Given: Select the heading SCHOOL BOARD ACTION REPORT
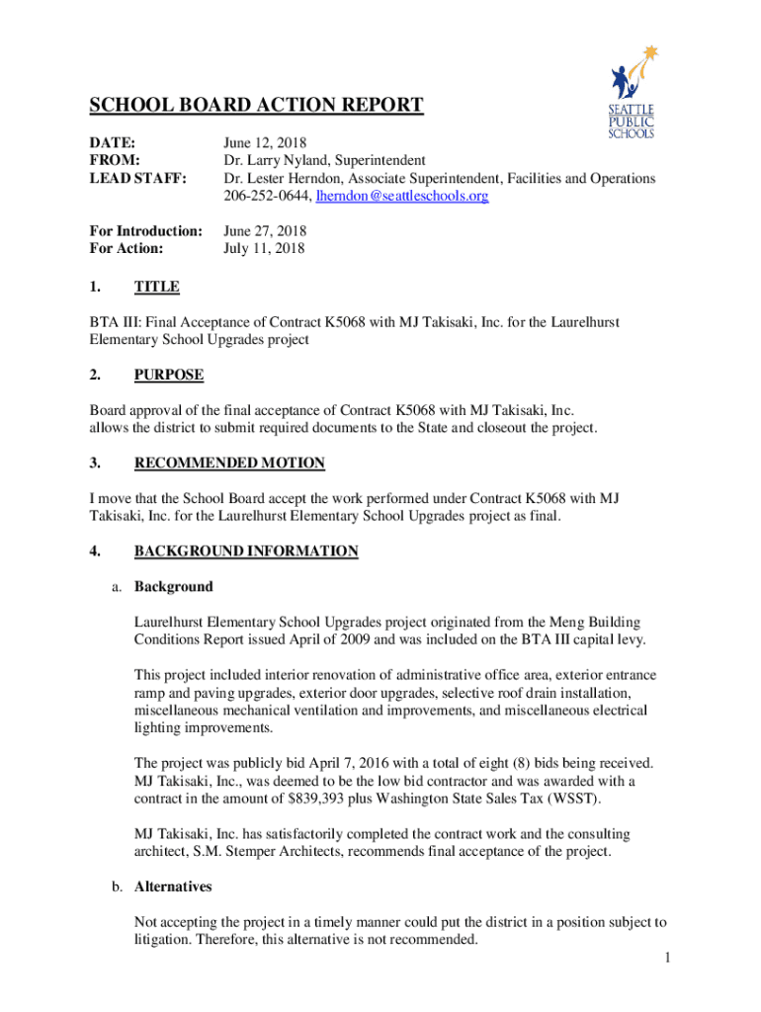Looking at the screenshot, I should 257,106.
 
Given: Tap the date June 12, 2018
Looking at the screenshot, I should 265,142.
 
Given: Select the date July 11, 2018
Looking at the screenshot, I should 264,249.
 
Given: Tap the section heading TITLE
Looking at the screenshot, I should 157,287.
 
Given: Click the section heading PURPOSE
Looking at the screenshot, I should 169,375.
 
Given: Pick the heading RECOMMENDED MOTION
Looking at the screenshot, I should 229,463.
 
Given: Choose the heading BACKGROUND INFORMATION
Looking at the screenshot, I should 246,550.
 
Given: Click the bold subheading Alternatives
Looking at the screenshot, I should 173,886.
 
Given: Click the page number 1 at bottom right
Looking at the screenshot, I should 668,958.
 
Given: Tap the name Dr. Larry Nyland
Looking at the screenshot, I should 277,160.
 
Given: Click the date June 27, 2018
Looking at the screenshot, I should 265,231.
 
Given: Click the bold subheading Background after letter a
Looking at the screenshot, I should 173,586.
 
